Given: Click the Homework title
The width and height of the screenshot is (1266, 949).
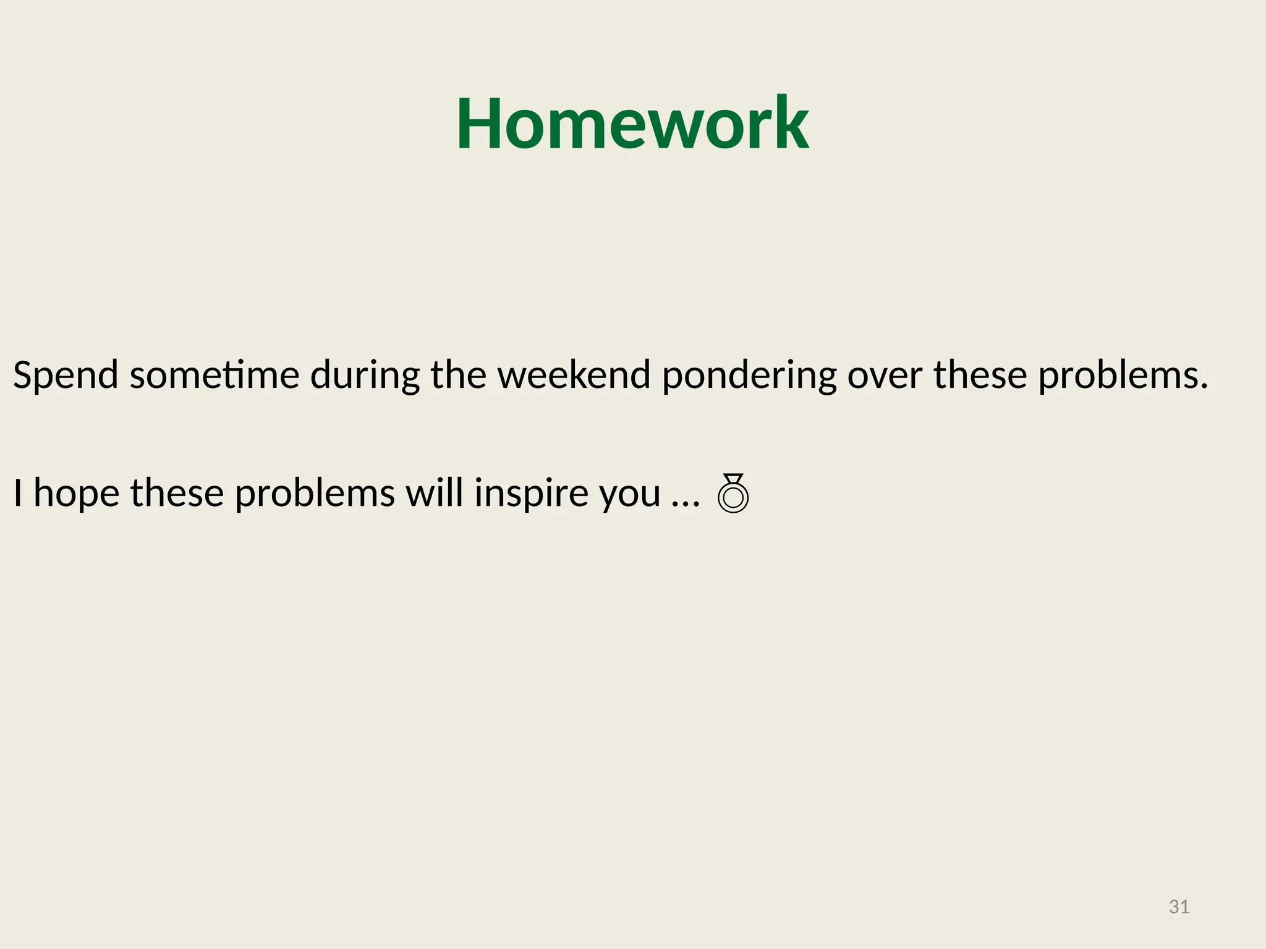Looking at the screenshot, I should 632,124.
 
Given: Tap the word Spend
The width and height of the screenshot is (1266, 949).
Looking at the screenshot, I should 66,376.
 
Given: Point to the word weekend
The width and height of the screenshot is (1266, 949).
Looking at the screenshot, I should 574,374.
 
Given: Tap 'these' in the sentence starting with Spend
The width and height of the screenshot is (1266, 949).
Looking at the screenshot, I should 980,374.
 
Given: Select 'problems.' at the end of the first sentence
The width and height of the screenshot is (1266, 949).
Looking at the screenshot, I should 1123,376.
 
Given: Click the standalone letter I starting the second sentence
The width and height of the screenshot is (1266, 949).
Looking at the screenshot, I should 18,493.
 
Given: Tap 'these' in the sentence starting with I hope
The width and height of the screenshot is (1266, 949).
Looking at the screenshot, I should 177,493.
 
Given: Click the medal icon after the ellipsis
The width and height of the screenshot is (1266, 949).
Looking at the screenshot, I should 733,493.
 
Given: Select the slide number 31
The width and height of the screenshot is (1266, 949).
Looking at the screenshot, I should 1179,907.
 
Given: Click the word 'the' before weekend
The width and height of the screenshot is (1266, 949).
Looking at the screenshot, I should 458,374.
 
